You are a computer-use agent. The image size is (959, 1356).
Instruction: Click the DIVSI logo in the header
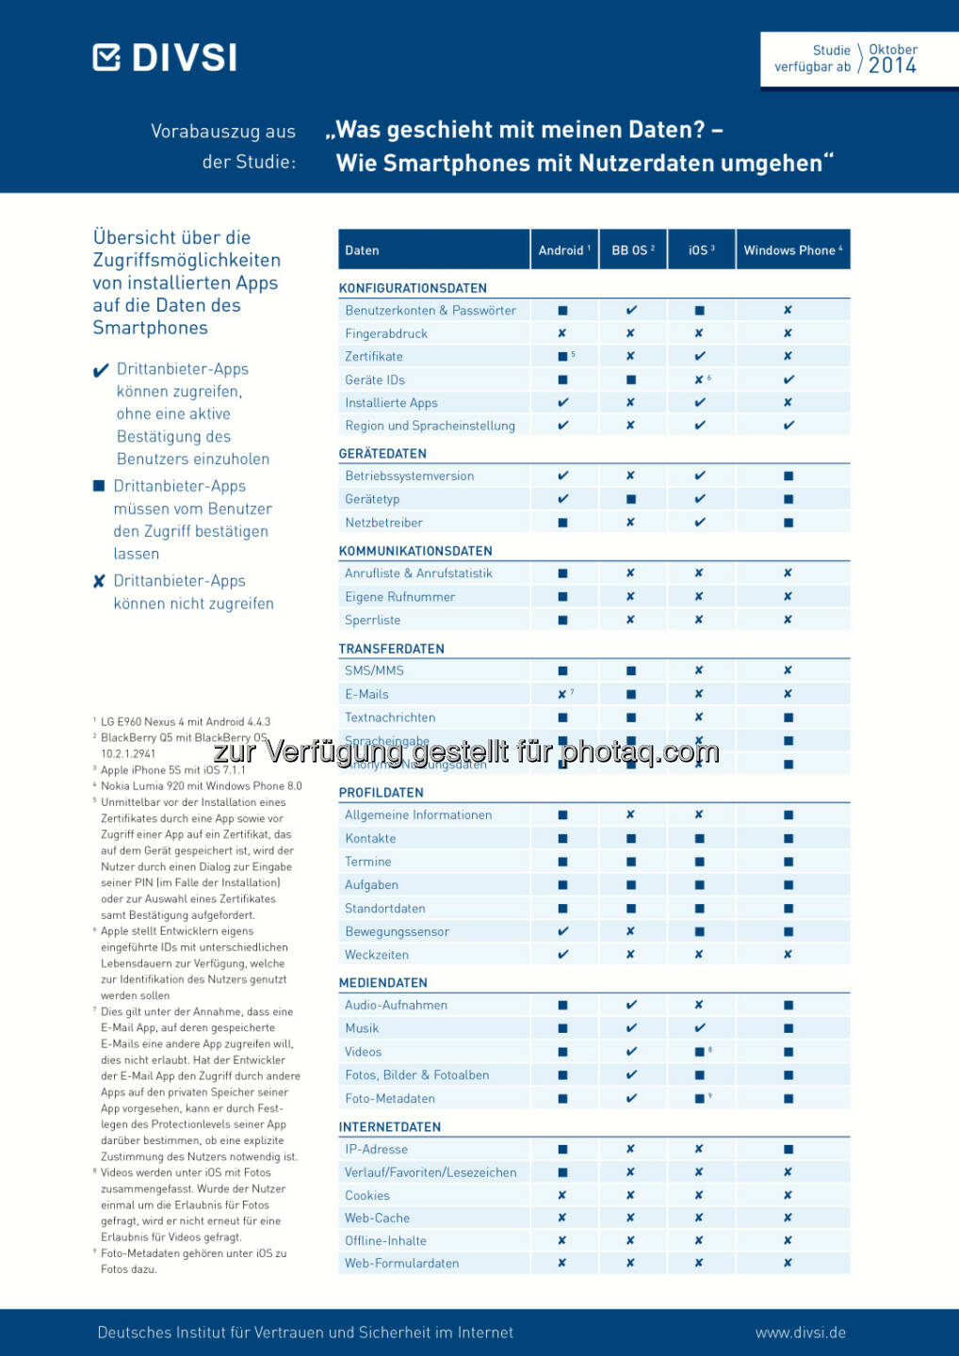[x=165, y=57]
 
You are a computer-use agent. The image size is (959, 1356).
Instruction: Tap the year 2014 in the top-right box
[x=892, y=66]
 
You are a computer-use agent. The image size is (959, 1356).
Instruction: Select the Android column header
[x=563, y=250]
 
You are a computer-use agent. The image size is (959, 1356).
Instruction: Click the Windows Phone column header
[x=792, y=250]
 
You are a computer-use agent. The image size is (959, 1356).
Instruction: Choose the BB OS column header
[x=632, y=250]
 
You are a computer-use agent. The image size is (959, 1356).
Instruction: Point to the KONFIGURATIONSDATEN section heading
[x=413, y=288]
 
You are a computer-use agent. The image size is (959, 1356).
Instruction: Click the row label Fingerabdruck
[x=386, y=333]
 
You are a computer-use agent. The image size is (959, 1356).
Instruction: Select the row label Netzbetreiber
[x=383, y=523]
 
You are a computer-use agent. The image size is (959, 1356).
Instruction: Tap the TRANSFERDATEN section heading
[x=391, y=649]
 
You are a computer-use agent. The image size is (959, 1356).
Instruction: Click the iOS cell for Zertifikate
[x=700, y=357]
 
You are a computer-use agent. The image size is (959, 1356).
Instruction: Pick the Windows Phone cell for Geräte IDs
[x=788, y=379]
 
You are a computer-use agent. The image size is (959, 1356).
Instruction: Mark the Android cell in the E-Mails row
[x=563, y=694]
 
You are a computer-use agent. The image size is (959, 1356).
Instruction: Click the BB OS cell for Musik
[x=631, y=1028]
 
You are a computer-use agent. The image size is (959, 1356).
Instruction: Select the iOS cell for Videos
[x=700, y=1052]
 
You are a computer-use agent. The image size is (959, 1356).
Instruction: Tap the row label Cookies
[x=367, y=1196]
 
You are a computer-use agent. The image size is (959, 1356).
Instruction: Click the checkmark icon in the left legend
[x=101, y=371]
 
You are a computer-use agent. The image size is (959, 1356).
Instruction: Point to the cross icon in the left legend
[x=99, y=582]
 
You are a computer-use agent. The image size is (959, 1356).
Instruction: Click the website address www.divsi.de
[x=800, y=1332]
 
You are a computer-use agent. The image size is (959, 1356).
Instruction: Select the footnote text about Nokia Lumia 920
[x=202, y=786]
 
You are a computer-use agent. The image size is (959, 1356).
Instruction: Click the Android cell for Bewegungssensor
[x=563, y=931]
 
